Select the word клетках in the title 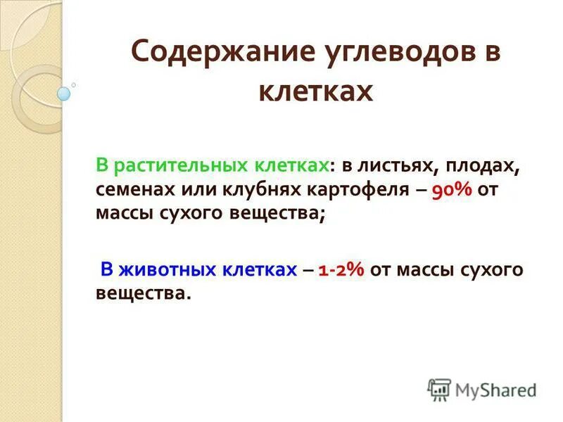click(x=315, y=91)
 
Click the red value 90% click(x=450, y=191)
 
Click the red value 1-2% click(x=341, y=269)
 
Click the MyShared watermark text click(x=496, y=389)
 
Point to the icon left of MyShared click(x=439, y=389)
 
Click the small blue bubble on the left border click(x=64, y=93)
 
